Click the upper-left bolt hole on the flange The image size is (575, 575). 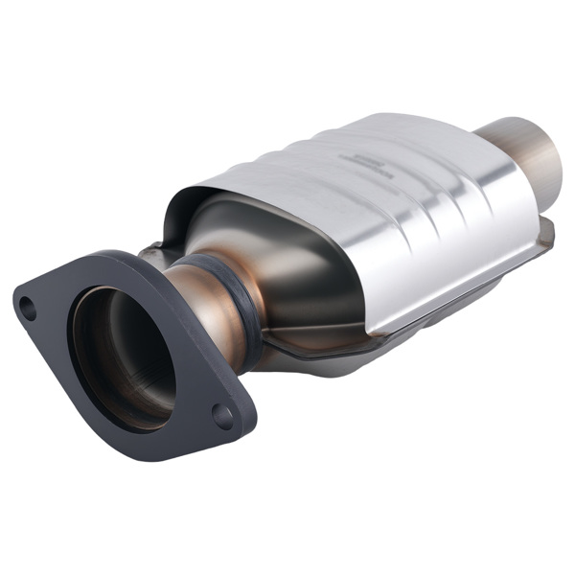tap(29, 309)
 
